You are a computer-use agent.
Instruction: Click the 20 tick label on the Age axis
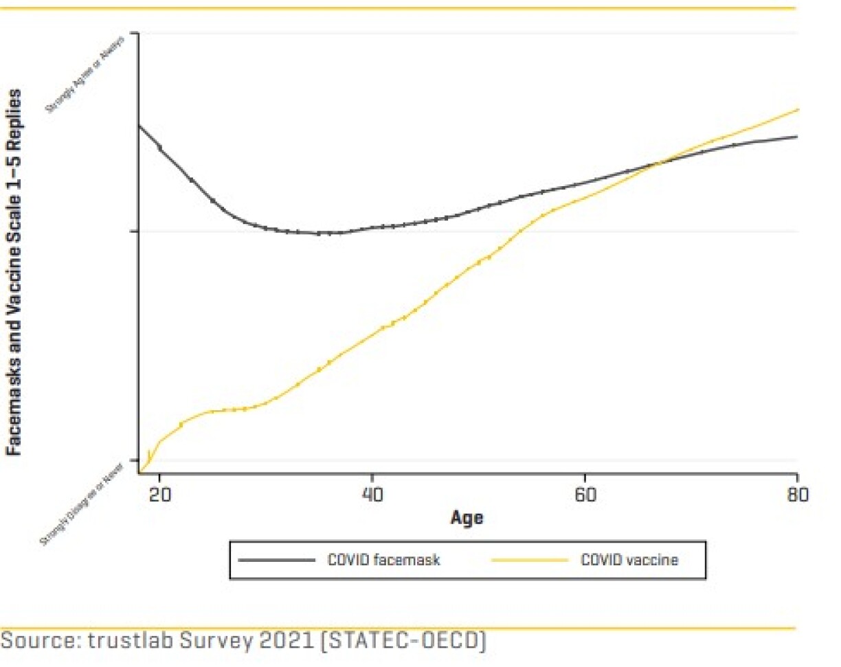[x=159, y=494]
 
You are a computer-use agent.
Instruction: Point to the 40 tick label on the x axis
[x=372, y=494]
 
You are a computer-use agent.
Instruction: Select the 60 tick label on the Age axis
[x=584, y=494]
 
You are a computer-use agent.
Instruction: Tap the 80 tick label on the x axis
[x=796, y=494]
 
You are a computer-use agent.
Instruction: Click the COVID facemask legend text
[x=383, y=560]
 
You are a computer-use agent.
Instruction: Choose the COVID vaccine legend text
[x=629, y=560]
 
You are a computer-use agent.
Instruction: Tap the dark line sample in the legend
[x=276, y=560]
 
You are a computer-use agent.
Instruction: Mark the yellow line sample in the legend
[x=530, y=560]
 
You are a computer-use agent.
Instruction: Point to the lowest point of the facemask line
[x=323, y=234]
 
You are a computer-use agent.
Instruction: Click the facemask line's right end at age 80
[x=796, y=136]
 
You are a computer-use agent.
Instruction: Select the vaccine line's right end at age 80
[x=797, y=109]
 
